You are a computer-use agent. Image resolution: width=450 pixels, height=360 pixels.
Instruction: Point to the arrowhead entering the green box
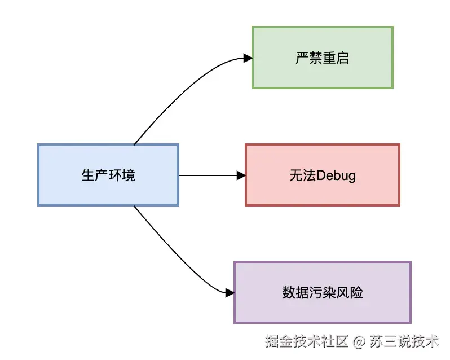[x=247, y=57]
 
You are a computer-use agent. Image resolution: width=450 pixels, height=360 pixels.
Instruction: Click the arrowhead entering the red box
[x=241, y=175]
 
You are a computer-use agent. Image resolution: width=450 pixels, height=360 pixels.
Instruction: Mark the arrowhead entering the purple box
[x=230, y=293]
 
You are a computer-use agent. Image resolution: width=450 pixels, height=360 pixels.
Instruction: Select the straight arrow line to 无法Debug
[x=209, y=175]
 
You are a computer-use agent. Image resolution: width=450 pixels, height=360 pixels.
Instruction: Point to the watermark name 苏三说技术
[x=404, y=341]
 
